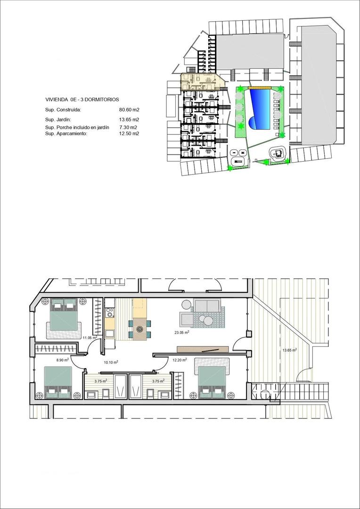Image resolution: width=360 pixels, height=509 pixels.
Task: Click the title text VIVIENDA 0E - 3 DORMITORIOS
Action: coord(82,99)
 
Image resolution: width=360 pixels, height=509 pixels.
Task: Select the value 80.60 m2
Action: coord(129,110)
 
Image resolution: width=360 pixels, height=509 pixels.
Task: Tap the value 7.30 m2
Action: coord(128,127)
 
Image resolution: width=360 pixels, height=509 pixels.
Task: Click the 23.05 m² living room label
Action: coord(181,333)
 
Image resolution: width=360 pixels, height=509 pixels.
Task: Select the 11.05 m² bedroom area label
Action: coord(90,338)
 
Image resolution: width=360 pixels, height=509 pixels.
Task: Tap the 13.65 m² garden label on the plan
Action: coord(289,350)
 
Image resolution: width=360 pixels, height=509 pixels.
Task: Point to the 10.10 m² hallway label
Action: coord(111,362)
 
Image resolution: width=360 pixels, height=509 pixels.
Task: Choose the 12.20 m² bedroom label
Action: coord(180,360)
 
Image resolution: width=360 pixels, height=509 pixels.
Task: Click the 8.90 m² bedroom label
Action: coord(62,360)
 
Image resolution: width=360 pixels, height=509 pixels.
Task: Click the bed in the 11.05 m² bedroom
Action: coord(64,319)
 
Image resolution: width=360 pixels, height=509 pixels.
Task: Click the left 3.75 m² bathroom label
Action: coord(100,381)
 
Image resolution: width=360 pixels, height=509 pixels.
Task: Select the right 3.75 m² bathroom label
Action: coord(157,381)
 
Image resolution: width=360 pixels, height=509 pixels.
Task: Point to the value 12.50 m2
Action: coord(129,133)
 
